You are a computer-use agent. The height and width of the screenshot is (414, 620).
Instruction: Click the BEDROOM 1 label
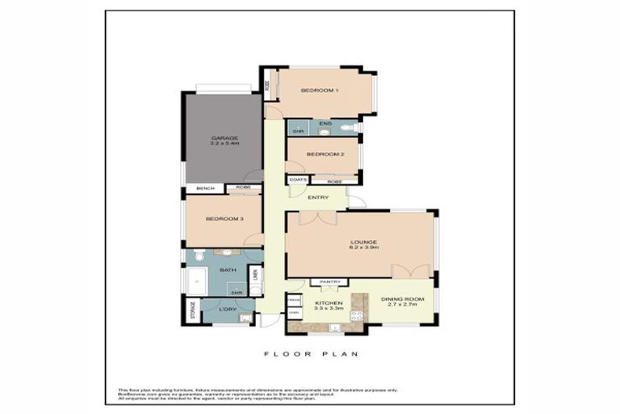[319, 90]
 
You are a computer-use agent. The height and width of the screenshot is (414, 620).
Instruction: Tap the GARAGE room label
[224, 138]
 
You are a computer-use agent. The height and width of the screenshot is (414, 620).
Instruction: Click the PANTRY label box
[332, 282]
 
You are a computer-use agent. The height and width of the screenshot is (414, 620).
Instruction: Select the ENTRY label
[318, 196]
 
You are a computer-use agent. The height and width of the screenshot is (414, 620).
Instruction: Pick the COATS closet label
[297, 180]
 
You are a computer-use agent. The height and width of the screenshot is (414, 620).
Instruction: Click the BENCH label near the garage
[205, 188]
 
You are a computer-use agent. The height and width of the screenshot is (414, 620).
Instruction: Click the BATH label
[228, 270]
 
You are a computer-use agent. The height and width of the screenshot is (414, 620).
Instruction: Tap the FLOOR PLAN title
[311, 353]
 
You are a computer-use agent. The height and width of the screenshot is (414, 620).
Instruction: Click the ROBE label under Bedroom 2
[334, 181]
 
